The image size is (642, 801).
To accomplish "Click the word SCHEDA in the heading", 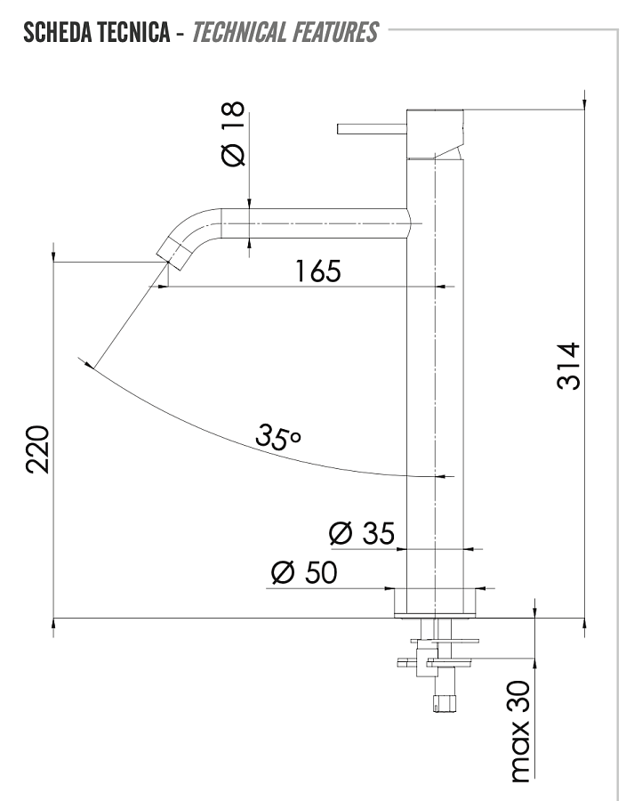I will pyautogui.click(x=60, y=33).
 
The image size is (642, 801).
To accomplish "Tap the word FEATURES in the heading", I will pyautogui.click(x=335, y=33).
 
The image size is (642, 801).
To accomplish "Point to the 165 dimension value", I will pyautogui.click(x=317, y=271).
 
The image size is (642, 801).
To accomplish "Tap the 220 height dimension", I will pyautogui.click(x=36, y=450).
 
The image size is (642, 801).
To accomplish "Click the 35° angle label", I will pyautogui.click(x=278, y=436).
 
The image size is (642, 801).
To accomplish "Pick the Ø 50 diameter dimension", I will pyautogui.click(x=303, y=573).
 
